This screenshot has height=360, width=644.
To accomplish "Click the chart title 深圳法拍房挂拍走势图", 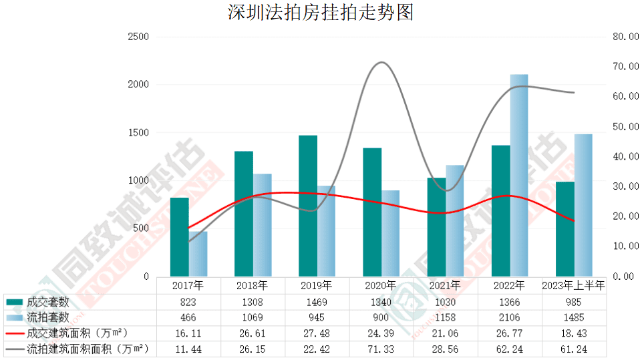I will pos(321,12).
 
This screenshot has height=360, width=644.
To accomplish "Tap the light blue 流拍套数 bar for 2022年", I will pos(519,175).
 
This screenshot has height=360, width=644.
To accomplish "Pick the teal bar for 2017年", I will pos(179,236).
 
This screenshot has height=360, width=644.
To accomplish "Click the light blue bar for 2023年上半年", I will pos(583,205).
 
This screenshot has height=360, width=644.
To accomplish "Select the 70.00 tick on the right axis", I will pos(625,67).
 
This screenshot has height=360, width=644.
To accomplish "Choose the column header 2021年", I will pos(445,285).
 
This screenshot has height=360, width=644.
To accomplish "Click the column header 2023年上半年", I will pos(574,285).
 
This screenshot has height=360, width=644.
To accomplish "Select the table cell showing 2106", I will pos(510,317).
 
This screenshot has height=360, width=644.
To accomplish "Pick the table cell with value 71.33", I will pos(381,349).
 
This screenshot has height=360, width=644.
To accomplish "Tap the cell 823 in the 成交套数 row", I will pos(188,301).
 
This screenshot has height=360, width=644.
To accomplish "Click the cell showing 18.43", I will pos(574,333).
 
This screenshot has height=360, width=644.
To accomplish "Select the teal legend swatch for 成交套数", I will pos(15,301).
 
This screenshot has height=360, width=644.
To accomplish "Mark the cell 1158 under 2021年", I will pos(445,317).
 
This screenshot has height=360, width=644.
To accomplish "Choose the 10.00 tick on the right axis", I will pos(625,246).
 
